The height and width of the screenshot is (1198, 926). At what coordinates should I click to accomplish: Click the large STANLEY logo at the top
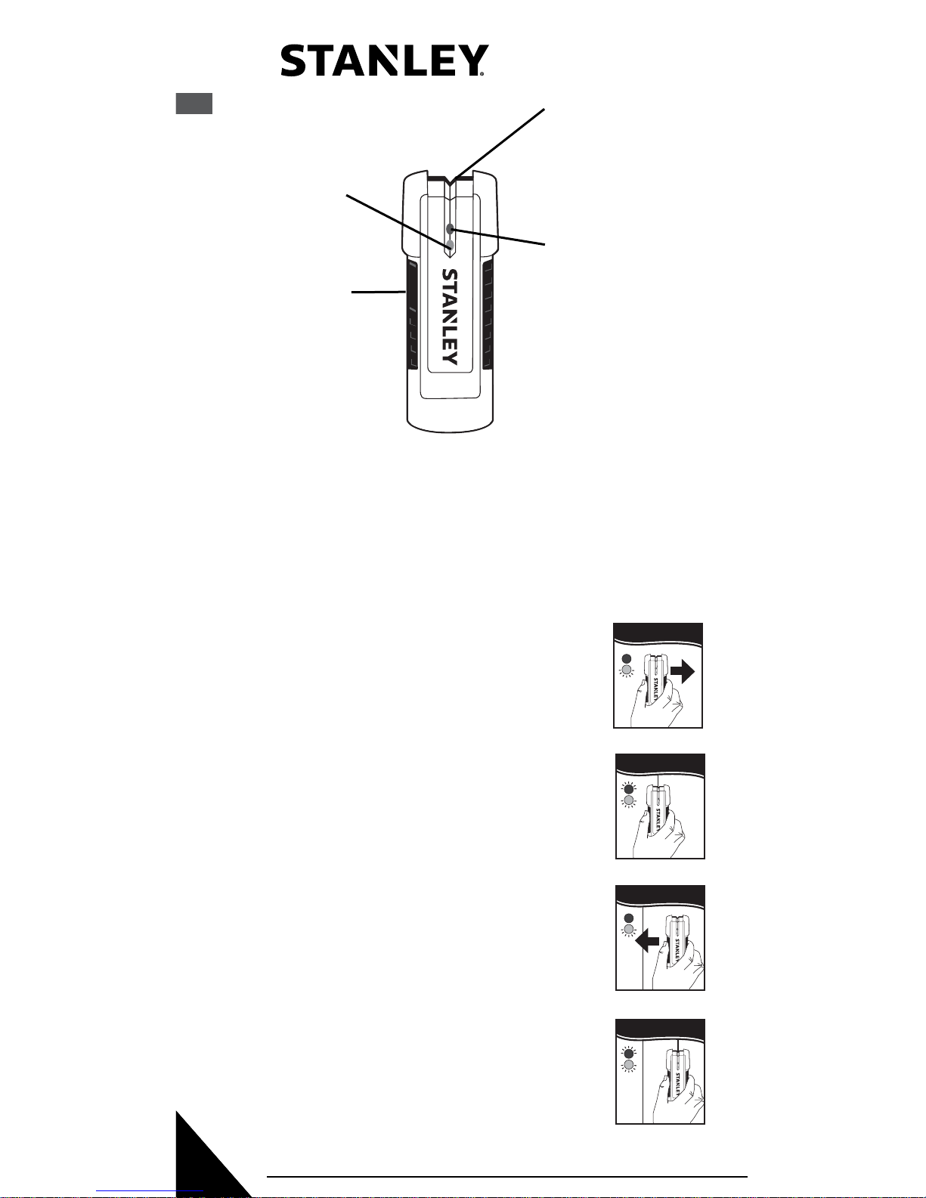coord(382,61)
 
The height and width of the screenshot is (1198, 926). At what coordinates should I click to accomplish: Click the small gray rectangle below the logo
coord(194,104)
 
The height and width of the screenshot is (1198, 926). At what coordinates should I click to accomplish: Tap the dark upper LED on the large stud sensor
coord(450,229)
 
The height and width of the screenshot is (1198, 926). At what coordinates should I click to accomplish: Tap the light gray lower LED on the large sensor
coord(450,245)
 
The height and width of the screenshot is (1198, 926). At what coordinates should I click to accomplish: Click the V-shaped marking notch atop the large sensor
coord(450,182)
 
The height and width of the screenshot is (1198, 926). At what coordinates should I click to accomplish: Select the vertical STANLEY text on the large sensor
coord(450,317)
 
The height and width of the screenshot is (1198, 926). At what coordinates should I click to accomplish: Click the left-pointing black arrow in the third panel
coord(648,940)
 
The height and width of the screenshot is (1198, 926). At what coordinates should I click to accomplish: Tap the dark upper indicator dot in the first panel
coord(626,658)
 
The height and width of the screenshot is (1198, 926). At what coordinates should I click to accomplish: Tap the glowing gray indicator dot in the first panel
coord(626,670)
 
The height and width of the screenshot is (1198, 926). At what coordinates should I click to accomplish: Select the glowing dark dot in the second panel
coord(627,788)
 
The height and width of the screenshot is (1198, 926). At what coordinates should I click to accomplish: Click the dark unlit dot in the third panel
coord(627,918)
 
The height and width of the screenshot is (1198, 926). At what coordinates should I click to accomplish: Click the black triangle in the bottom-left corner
coord(204,1164)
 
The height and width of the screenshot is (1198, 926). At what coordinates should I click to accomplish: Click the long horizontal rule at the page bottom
coord(506,1176)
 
